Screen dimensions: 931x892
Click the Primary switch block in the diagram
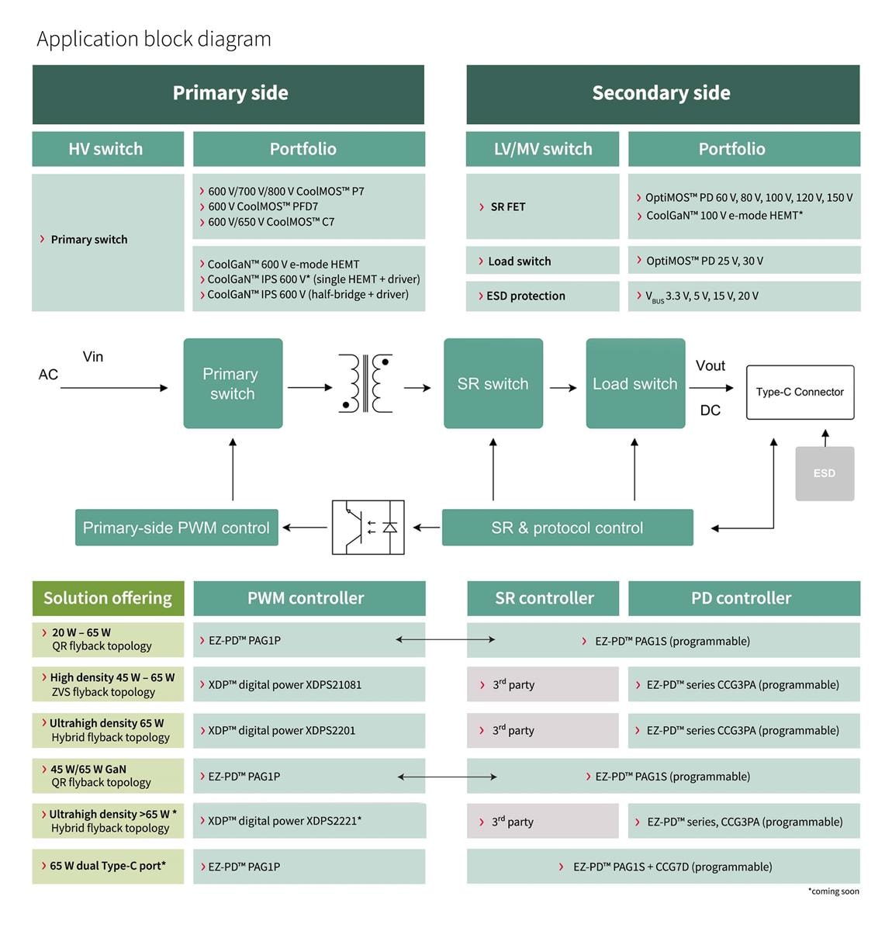(233, 383)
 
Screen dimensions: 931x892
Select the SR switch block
(493, 383)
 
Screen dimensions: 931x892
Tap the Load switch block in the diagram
(635, 383)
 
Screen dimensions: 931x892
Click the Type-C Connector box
(800, 392)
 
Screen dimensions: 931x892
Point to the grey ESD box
(825, 473)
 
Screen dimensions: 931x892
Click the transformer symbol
(365, 383)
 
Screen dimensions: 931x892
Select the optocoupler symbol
(368, 528)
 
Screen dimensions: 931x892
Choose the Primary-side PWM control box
(176, 528)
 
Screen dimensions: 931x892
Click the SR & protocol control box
(567, 528)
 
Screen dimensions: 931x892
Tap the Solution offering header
(108, 598)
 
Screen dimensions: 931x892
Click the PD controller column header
(743, 598)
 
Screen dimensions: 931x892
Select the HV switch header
(107, 149)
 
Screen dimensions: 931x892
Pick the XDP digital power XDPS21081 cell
(309, 684)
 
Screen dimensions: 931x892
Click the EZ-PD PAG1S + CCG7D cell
(663, 867)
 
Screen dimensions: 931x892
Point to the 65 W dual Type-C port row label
(108, 866)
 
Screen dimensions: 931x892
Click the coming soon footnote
(833, 891)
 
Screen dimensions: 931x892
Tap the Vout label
(710, 365)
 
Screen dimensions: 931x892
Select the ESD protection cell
(541, 296)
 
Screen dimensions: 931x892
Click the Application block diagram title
(154, 39)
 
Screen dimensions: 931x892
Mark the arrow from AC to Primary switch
(113, 388)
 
